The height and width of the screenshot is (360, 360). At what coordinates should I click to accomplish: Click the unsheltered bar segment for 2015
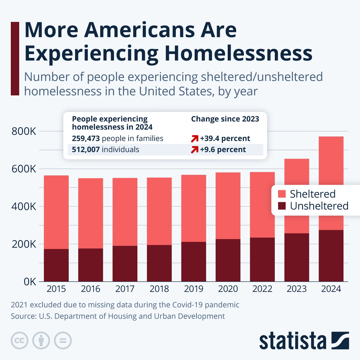[56, 265]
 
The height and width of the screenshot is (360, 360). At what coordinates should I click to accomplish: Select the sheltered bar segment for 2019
[193, 208]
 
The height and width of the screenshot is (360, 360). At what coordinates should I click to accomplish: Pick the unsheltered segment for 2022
[262, 259]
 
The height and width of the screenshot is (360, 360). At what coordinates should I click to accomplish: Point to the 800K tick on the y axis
[24, 131]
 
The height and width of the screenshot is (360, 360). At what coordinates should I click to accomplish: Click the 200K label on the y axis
[24, 244]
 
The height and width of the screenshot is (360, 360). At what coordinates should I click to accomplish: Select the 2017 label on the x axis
[125, 289]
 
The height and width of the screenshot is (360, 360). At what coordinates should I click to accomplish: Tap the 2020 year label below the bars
[228, 289]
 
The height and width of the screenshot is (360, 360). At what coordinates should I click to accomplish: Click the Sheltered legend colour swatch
[282, 194]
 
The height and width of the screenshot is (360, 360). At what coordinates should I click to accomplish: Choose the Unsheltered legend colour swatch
[282, 206]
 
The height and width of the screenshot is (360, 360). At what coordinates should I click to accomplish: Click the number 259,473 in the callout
[85, 138]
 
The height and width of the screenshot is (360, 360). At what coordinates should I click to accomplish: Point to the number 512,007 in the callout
[85, 149]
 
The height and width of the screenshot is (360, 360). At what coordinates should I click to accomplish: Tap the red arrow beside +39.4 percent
[195, 139]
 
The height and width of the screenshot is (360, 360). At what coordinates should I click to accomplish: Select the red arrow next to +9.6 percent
[195, 150]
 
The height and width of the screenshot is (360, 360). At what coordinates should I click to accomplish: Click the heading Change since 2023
[225, 119]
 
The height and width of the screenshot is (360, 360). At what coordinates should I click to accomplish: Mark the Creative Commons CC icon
[19, 340]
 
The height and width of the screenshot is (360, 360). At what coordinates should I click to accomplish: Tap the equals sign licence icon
[63, 340]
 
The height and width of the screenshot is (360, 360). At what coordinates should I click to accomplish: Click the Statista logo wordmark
[292, 341]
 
